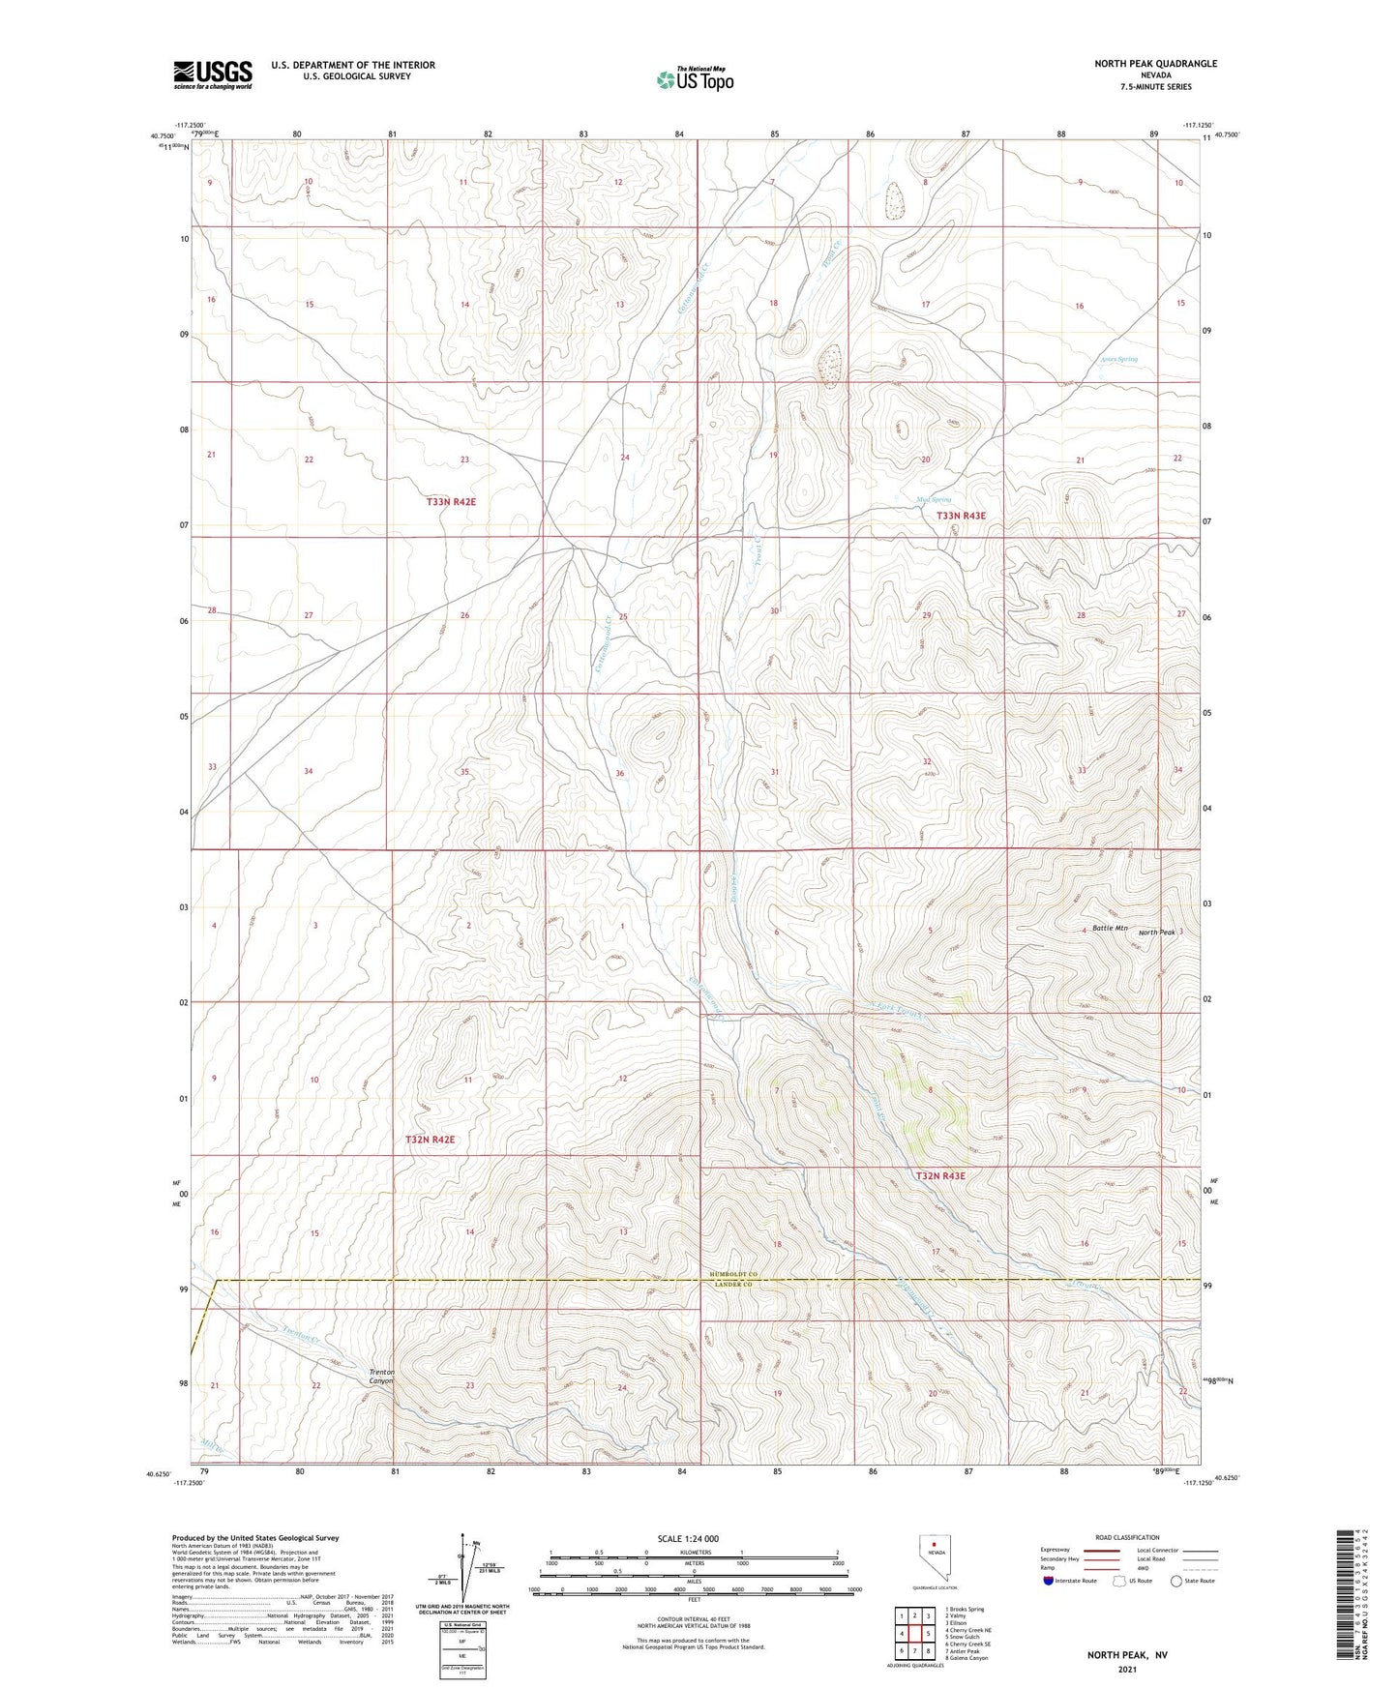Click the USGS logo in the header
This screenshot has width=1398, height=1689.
pos(213,74)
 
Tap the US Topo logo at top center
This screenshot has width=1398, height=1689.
pos(694,79)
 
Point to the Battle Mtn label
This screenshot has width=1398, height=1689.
pos(1110,928)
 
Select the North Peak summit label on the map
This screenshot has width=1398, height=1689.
pos(1156,933)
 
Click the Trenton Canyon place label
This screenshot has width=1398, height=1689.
pos(382,1377)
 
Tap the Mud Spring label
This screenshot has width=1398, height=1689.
pos(934,500)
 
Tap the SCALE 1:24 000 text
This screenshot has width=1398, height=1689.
pos(691,1539)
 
